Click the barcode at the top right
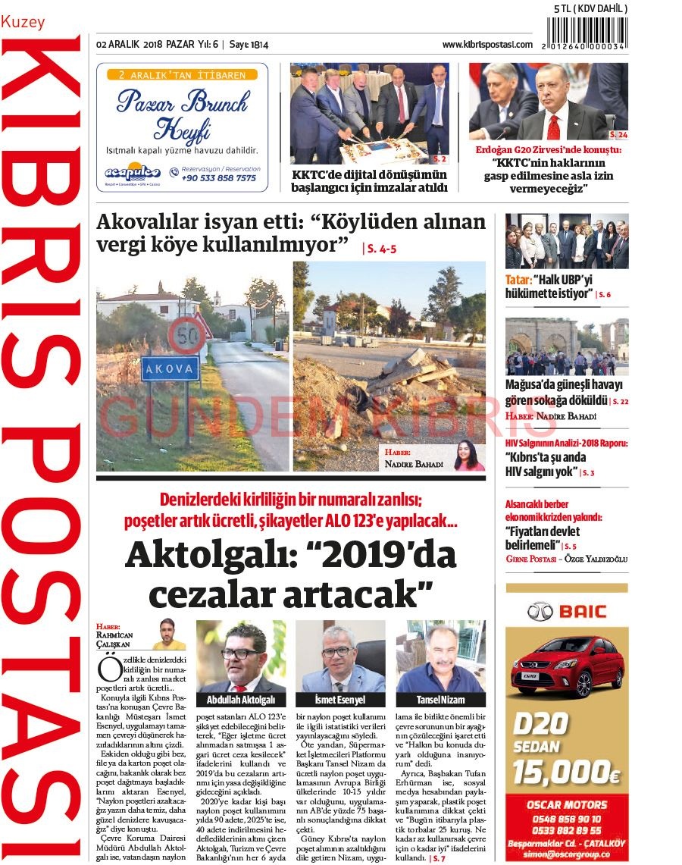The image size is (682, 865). [587, 34]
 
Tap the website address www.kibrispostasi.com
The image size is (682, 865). [487, 45]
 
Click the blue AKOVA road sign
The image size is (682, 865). [170, 369]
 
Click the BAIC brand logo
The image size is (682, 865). [567, 610]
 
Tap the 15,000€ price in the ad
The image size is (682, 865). [566, 772]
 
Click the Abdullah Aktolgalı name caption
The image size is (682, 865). [241, 700]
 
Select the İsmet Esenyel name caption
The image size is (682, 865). [339, 700]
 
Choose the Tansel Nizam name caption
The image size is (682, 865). [440, 700]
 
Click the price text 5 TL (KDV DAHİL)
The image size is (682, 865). [590, 8]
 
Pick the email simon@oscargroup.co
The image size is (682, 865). [567, 853]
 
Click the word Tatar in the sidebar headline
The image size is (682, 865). [519, 279]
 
